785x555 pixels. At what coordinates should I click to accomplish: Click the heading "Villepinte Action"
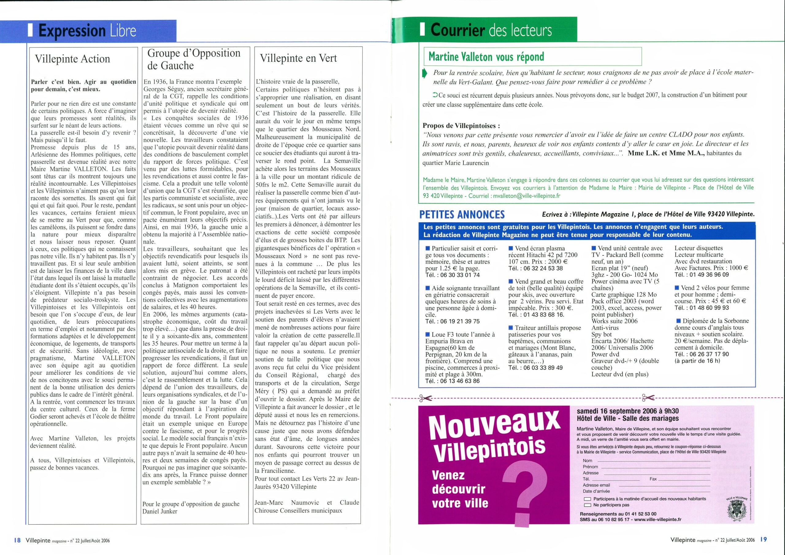click(x=72, y=59)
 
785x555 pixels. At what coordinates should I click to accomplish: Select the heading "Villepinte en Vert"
click(x=298, y=58)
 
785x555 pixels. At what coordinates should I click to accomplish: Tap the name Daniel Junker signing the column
click(x=160, y=511)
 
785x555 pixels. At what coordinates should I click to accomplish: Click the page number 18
click(x=17, y=540)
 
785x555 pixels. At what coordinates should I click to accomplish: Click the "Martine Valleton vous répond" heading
click(x=486, y=56)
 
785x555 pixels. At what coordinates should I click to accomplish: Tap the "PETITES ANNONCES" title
click(x=462, y=214)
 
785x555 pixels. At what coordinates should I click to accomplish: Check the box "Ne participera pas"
click(x=588, y=505)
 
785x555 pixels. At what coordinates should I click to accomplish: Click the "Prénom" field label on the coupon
click(x=591, y=467)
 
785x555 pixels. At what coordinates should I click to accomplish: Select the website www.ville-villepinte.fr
click(x=656, y=519)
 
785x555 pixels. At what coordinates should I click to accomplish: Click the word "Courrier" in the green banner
click(x=458, y=30)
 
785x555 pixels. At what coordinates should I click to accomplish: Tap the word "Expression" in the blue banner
click(x=72, y=31)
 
